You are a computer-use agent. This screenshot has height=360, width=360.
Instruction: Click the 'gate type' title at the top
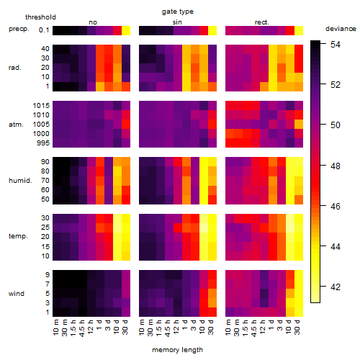pyautogui.click(x=178, y=12)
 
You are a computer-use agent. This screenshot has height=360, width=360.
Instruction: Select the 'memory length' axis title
pyautogui.click(x=177, y=350)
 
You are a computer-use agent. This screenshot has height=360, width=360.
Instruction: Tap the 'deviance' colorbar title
pyautogui.click(x=341, y=29)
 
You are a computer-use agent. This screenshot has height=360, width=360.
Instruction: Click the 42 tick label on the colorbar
pyautogui.click(x=336, y=287)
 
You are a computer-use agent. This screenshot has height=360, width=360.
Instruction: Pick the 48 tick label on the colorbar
pyautogui.click(x=336, y=166)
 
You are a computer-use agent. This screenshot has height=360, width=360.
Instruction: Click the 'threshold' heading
pyautogui.click(x=40, y=17)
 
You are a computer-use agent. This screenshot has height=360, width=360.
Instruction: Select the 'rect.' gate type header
pyautogui.click(x=262, y=22)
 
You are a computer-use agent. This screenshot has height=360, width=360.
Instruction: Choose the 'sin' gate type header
pyautogui.click(x=177, y=22)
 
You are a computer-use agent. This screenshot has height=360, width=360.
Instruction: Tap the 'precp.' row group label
pyautogui.click(x=19, y=29)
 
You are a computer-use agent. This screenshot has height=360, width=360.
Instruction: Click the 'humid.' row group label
pyautogui.click(x=20, y=181)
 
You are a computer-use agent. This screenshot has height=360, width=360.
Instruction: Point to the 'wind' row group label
pyautogui.click(x=17, y=294)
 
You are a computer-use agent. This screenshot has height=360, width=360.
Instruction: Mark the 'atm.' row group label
pyautogui.click(x=16, y=125)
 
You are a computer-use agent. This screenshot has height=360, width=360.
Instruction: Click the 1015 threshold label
pyautogui.click(x=41, y=106)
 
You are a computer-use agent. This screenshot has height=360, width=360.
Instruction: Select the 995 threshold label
pyautogui.click(x=43, y=143)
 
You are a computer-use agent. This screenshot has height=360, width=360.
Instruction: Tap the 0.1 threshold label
pyautogui.click(x=44, y=30)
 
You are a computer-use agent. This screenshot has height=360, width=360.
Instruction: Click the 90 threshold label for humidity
pyautogui.click(x=45, y=162)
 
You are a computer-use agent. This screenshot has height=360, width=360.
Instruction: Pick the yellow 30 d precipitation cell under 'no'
pyautogui.click(x=126, y=30)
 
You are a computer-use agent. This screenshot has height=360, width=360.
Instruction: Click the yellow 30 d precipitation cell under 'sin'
pyautogui.click(x=212, y=30)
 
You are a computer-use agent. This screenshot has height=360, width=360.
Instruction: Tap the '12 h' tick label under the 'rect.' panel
pyautogui.click(x=262, y=327)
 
